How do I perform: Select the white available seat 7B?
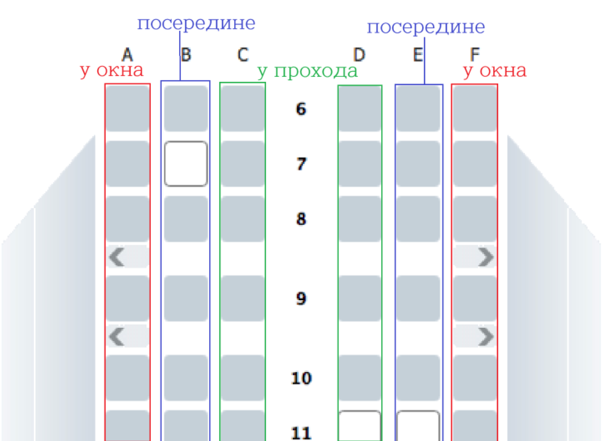pos(185,164)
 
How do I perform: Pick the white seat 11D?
pos(359,426)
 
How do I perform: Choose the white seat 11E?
pos(418,426)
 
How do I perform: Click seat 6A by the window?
pos(127,109)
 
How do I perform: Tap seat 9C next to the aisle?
pos(242,298)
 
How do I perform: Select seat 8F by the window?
pos(474,219)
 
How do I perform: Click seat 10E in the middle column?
pos(418,378)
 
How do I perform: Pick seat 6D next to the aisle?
pos(359,109)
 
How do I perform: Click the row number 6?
pos(301,109)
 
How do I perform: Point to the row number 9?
pos(301,299)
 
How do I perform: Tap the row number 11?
pos(301,433)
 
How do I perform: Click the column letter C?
pos(242,55)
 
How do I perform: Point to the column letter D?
pos(359,55)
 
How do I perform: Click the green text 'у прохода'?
pos(307,71)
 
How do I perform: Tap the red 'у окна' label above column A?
pos(111,70)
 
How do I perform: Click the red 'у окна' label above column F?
pos(494,70)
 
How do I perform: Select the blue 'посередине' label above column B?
pos(196,24)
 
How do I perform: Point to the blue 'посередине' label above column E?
pos(425,28)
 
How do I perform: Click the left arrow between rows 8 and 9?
pos(116,257)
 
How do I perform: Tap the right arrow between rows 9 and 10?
pos(486,336)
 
